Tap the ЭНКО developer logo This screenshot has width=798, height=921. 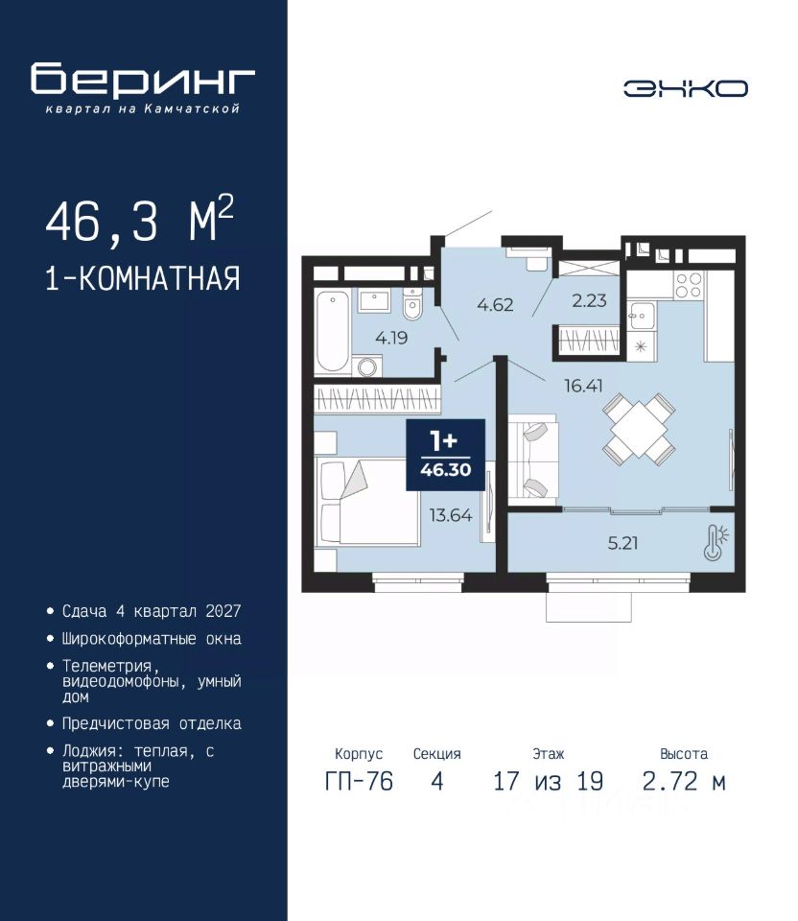685,88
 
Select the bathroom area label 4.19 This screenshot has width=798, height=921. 391,338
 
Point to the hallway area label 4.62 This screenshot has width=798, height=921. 495,304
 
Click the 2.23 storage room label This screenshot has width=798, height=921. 589,300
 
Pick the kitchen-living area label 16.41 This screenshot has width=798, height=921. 583,386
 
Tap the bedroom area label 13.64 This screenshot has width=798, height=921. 451,515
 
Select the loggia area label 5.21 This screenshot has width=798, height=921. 622,543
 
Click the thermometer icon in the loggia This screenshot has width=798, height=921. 716,542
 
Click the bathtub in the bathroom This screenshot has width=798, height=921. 332,331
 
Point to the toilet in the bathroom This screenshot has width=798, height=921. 412,304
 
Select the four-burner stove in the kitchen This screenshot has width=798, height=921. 688,286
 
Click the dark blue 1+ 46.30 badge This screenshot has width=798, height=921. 446,455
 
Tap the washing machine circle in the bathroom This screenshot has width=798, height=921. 368,367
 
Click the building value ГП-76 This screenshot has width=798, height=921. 359,781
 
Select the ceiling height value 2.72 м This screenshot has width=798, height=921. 684,781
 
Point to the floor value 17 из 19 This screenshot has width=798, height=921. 548,781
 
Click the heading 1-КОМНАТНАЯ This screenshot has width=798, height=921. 143,278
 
